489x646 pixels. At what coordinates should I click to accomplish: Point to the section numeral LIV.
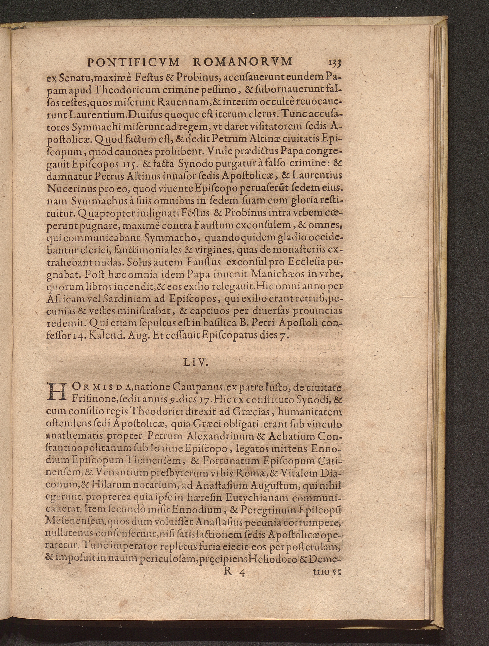coord(195,363)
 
